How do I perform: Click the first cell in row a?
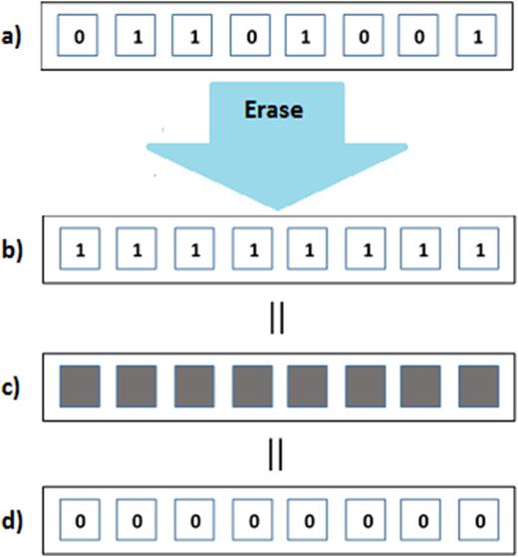click(x=78, y=38)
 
